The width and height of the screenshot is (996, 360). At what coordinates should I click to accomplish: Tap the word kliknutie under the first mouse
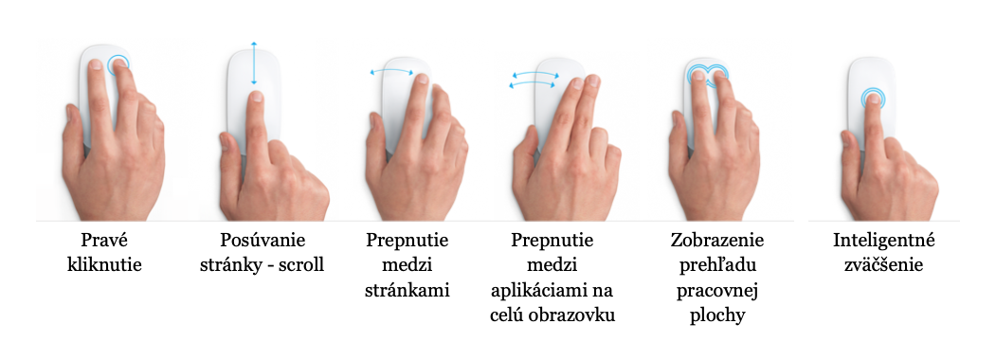104,264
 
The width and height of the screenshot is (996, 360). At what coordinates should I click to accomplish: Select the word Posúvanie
263,241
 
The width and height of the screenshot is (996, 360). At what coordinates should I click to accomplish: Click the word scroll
299,264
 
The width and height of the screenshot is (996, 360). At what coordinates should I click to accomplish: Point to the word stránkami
407,290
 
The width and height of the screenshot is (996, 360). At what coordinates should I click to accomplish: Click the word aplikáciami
534,290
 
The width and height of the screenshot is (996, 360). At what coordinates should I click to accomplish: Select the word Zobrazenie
717,241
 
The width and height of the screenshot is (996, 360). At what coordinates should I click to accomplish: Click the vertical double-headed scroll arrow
253,63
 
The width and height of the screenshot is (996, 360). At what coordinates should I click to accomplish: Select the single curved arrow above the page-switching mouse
392,71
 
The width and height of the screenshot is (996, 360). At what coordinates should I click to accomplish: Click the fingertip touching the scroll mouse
255,97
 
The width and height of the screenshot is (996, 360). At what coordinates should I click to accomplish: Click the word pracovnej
717,290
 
